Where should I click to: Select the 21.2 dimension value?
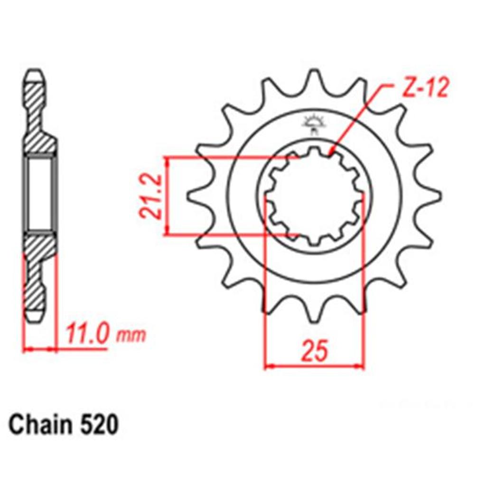(x=151, y=196)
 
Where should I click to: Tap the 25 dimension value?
(x=315, y=351)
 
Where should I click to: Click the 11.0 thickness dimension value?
(x=87, y=334)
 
